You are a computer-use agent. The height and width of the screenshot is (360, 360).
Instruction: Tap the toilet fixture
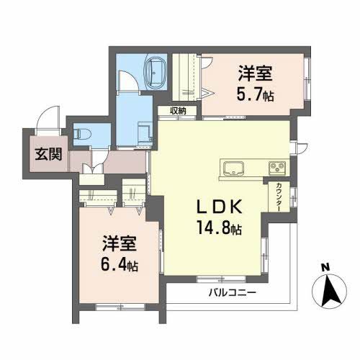81,133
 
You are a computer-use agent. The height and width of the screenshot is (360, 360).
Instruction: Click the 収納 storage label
179,111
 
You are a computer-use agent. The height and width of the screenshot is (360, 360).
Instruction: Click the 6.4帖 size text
119,265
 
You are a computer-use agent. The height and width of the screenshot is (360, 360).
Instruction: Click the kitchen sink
234,168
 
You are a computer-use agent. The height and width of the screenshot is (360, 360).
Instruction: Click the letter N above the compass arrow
325,267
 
